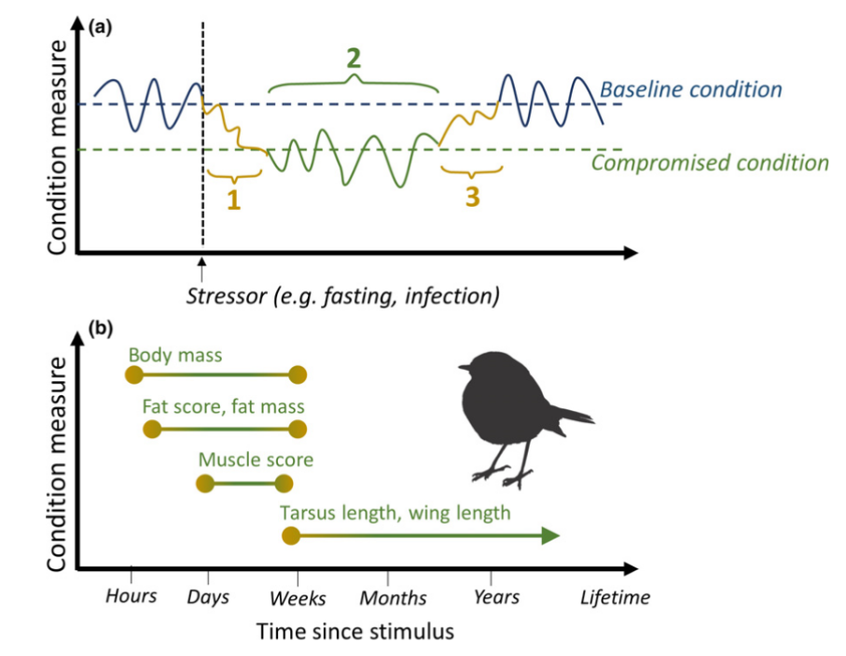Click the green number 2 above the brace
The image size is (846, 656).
pos(353,59)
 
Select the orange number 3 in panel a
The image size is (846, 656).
pos(472,197)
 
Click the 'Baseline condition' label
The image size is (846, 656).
pos(690,89)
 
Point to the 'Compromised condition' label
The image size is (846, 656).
pos(710,163)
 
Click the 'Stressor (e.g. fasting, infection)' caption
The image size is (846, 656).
pos(341,296)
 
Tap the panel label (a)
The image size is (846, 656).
pos(100,27)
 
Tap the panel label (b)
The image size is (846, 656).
pos(100,327)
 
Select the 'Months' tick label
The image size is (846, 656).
pos(393,597)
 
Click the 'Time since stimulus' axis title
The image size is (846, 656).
pos(355,632)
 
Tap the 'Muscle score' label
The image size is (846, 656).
pos(256,460)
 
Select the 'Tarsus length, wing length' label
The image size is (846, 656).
pos(395,512)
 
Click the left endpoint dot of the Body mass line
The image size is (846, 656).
pos(133,375)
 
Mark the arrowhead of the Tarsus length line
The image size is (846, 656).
pos(549,535)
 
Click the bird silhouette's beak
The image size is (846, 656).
pos(460,370)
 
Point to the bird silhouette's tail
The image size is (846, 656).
pos(576,416)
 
